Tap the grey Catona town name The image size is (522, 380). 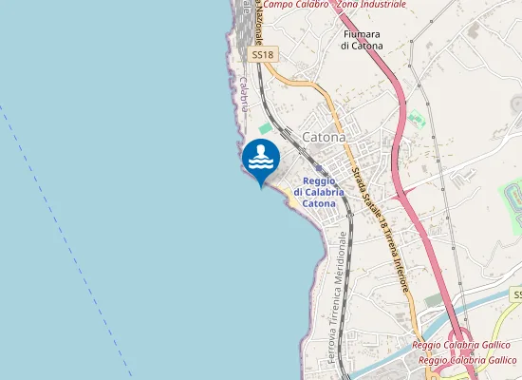[x=323, y=138]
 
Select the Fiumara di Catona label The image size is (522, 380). [x=361, y=39]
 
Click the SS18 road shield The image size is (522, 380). [x=264, y=55]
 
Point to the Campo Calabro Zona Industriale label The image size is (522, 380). [x=334, y=5]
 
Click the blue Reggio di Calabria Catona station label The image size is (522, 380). [x=319, y=192]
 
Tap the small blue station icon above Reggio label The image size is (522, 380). [x=319, y=168]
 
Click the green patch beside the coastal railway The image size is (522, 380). [x=266, y=128]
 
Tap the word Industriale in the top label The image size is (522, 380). [x=380, y=5]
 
